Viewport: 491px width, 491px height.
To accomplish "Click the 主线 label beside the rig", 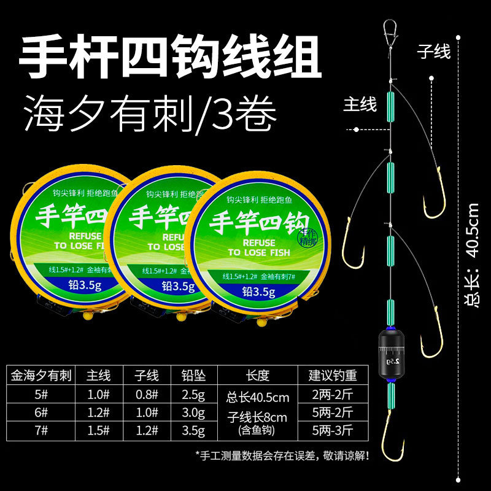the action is click(x=359, y=104).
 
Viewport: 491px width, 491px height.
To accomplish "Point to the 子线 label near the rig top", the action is click(x=434, y=51).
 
